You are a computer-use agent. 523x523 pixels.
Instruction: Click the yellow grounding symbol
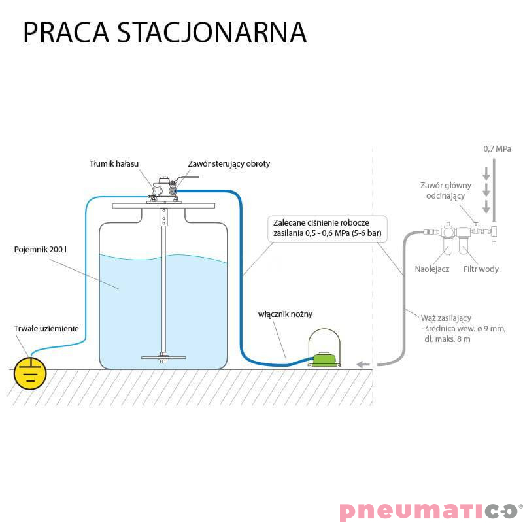click(30, 373)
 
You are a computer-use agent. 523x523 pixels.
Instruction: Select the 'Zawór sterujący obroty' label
click(228, 164)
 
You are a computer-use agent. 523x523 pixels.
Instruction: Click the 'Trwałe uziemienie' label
click(46, 328)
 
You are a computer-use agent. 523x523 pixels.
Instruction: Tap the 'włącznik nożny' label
click(282, 314)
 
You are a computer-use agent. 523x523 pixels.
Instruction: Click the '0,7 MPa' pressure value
click(497, 149)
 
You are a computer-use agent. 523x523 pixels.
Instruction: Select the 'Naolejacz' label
click(431, 269)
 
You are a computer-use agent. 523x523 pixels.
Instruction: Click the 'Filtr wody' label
click(481, 269)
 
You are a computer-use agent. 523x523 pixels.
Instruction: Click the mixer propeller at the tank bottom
click(163, 357)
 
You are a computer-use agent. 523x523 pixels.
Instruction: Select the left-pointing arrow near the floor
click(363, 364)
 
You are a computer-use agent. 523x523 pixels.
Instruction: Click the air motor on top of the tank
click(164, 190)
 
